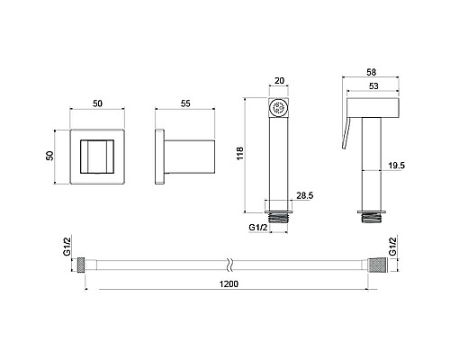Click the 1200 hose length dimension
(229, 283)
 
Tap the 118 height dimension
(240, 153)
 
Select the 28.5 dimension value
(305, 195)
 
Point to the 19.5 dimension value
(396, 166)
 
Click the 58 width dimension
(371, 72)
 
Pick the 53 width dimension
(373, 86)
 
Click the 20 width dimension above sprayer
(279, 81)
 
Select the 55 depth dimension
(185, 103)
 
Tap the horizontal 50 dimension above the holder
(97, 103)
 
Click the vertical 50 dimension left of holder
(49, 156)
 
